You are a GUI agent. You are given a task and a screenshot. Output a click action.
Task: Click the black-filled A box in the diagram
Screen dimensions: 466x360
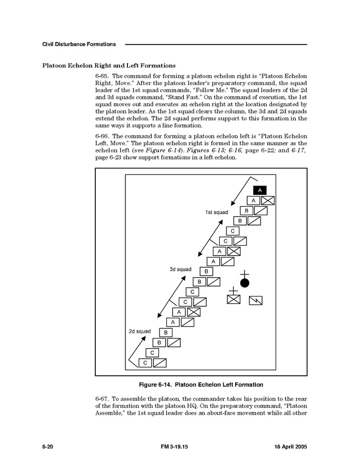pos(260,190)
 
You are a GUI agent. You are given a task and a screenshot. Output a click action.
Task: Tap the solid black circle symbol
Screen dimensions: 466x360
pos(244,283)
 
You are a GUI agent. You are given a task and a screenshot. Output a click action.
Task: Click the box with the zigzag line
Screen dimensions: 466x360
pos(256,300)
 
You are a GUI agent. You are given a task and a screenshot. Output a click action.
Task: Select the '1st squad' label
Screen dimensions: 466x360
pos(217,213)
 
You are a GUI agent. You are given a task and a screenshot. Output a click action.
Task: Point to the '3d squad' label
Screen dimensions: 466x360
pos(180,269)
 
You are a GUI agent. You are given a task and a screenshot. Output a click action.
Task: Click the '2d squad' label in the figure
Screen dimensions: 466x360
pos(139,331)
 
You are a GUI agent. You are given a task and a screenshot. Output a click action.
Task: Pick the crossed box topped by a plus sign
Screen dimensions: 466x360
pos(234,299)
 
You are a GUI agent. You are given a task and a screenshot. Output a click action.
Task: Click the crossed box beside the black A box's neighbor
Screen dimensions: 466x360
pos(268,201)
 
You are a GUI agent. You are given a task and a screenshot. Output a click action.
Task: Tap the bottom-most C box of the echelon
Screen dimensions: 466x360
pos(145,363)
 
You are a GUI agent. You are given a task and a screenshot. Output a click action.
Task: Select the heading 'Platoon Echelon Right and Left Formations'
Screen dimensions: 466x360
pos(109,65)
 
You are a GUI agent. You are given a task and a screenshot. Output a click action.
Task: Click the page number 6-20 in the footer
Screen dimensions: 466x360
pos(49,446)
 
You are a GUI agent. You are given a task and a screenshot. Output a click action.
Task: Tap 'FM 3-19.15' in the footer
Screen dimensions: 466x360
pos(174,446)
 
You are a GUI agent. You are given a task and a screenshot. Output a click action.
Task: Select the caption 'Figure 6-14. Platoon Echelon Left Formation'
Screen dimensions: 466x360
pos(201,385)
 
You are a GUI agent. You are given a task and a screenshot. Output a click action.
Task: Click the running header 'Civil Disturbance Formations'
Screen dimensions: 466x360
pos(79,44)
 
